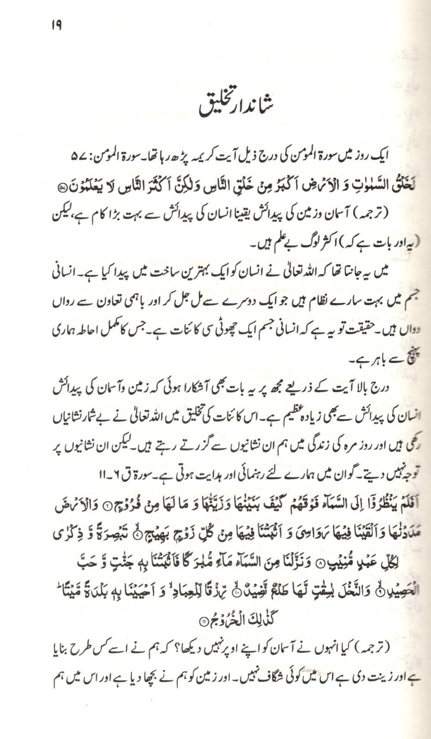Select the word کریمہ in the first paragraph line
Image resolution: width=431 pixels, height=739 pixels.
192,156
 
